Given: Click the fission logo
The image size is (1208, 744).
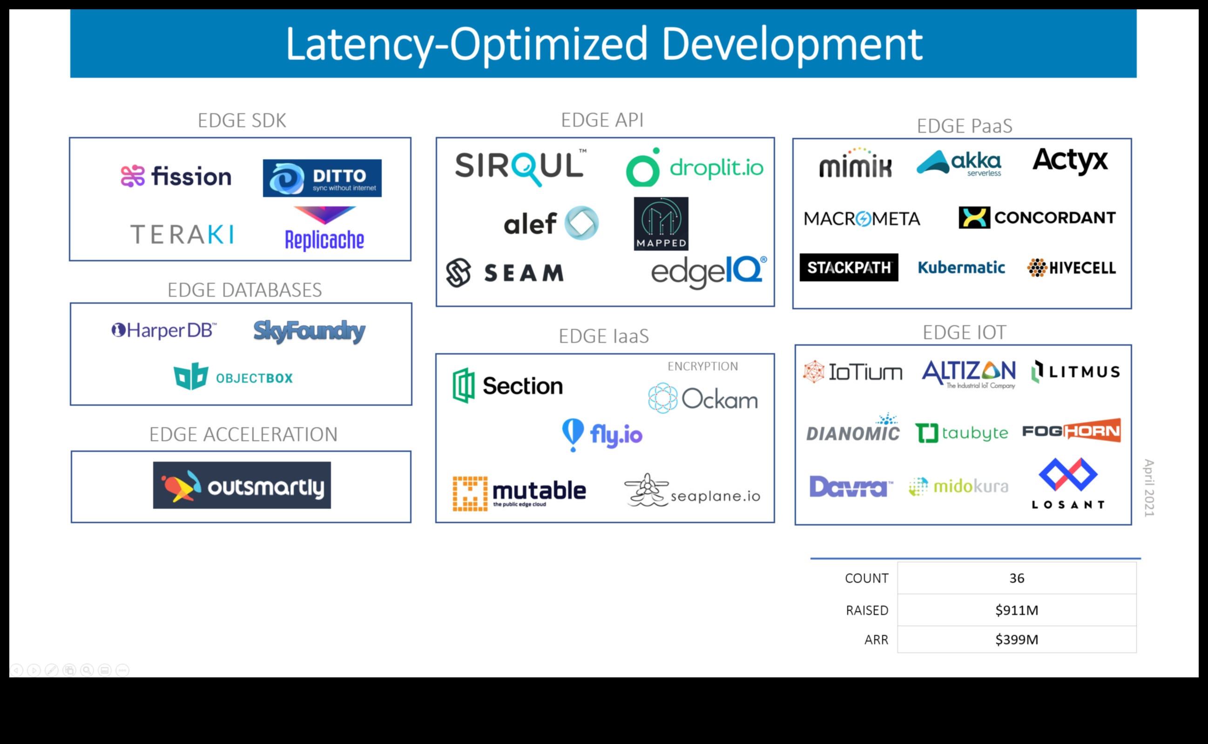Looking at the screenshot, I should click(x=176, y=176).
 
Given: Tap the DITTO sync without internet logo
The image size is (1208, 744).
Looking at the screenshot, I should click(x=322, y=178).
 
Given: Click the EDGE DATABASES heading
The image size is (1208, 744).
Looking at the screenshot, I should click(x=244, y=290).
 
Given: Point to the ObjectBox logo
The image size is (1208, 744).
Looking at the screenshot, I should click(x=233, y=377).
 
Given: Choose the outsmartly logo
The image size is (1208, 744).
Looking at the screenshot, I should click(x=242, y=485).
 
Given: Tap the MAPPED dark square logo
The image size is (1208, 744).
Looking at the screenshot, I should click(x=661, y=224).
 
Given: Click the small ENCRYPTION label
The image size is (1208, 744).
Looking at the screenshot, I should click(x=702, y=366).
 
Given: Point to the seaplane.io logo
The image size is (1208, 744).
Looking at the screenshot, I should click(x=692, y=491).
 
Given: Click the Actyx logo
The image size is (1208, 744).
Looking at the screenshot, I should click(x=1070, y=161).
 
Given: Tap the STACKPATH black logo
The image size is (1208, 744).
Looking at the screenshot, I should click(x=849, y=268).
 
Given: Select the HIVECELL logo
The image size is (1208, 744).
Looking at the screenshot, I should click(x=1071, y=268).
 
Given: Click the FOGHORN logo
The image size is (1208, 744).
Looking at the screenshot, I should click(x=1071, y=430).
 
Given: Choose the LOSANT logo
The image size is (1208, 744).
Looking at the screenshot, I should click(x=1068, y=483).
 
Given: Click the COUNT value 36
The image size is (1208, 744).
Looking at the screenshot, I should click(x=1016, y=578).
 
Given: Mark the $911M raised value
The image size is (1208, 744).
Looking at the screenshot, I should click(x=1016, y=610).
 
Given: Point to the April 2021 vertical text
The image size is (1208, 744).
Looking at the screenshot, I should click(x=1149, y=488).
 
